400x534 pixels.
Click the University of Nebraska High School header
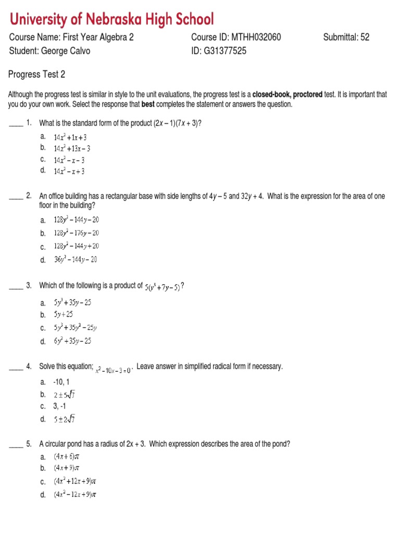coord(112,20)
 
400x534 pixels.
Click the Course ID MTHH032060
coord(236,38)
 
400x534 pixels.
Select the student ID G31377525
coord(219,51)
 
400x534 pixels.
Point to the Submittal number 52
coord(346,38)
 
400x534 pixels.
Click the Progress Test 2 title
coord(37,75)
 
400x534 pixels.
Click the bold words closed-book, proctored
coord(295,95)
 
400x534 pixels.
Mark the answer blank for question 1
coord(16,123)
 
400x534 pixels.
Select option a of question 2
coord(76,220)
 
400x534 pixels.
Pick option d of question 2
coord(76,260)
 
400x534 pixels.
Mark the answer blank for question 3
coord(16,286)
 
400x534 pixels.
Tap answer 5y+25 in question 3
coord(64,314)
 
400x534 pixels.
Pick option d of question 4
coord(67,419)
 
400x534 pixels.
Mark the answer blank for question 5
coord(16,444)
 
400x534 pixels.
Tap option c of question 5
coord(75,482)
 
